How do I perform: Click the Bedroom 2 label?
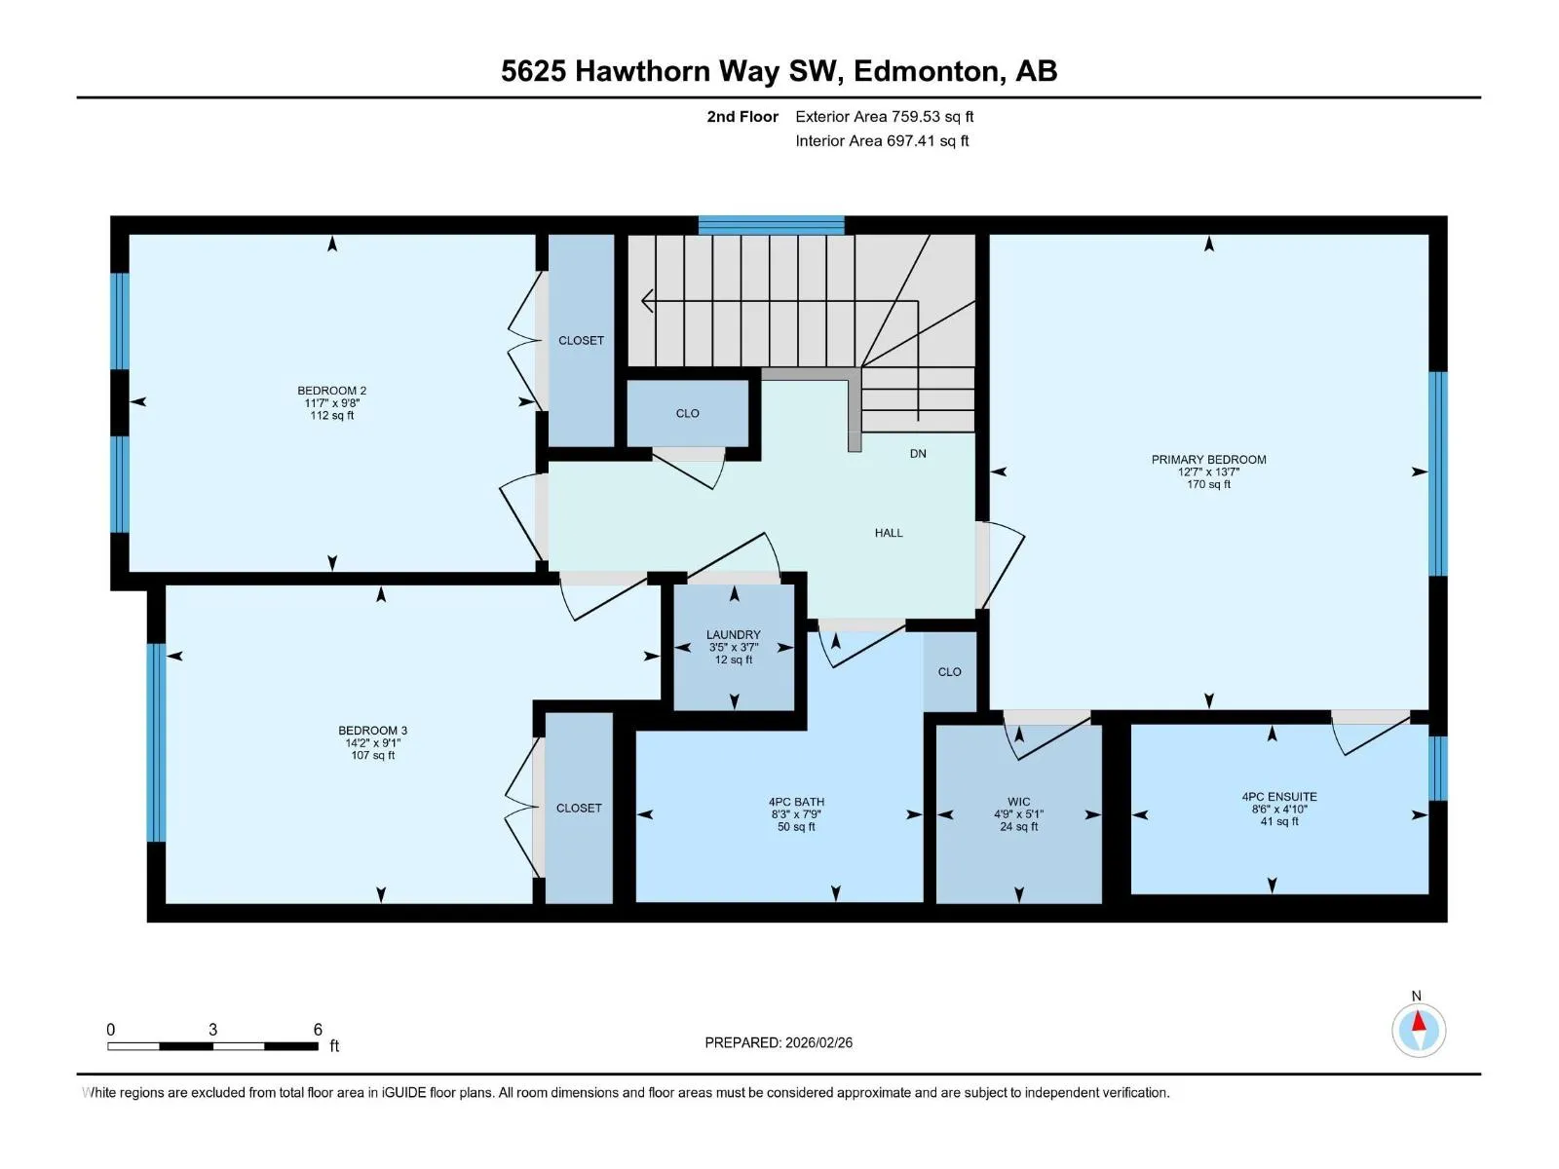point(331,391)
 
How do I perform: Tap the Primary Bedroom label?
point(1208,459)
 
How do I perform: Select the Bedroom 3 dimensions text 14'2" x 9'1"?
point(373,742)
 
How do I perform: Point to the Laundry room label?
point(733,634)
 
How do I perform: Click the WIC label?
point(1018,802)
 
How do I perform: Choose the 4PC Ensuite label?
point(1279,796)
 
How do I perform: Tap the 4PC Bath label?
point(796,802)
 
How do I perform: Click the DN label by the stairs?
point(918,454)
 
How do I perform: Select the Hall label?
point(889,532)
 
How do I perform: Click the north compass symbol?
point(1418,1030)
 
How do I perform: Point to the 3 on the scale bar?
point(212,1029)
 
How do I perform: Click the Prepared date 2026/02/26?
point(818,1042)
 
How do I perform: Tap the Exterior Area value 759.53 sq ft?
point(932,116)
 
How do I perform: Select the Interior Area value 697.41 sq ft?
point(928,140)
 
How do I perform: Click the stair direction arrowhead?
point(647,301)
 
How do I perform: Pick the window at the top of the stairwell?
point(772,225)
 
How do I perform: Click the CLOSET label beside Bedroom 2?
point(581,341)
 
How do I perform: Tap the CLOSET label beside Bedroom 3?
point(579,808)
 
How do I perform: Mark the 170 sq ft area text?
point(1208,484)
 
